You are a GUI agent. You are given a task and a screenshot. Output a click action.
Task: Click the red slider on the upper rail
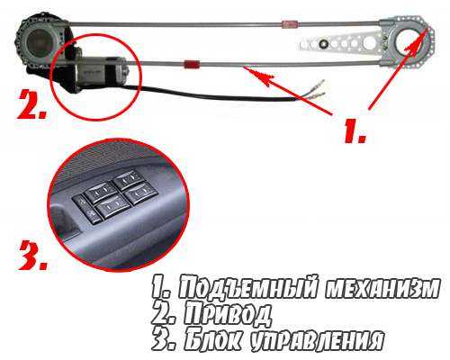289,23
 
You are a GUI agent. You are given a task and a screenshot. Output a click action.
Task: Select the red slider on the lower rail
190,63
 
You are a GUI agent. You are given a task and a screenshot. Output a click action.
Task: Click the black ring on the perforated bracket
323,43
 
